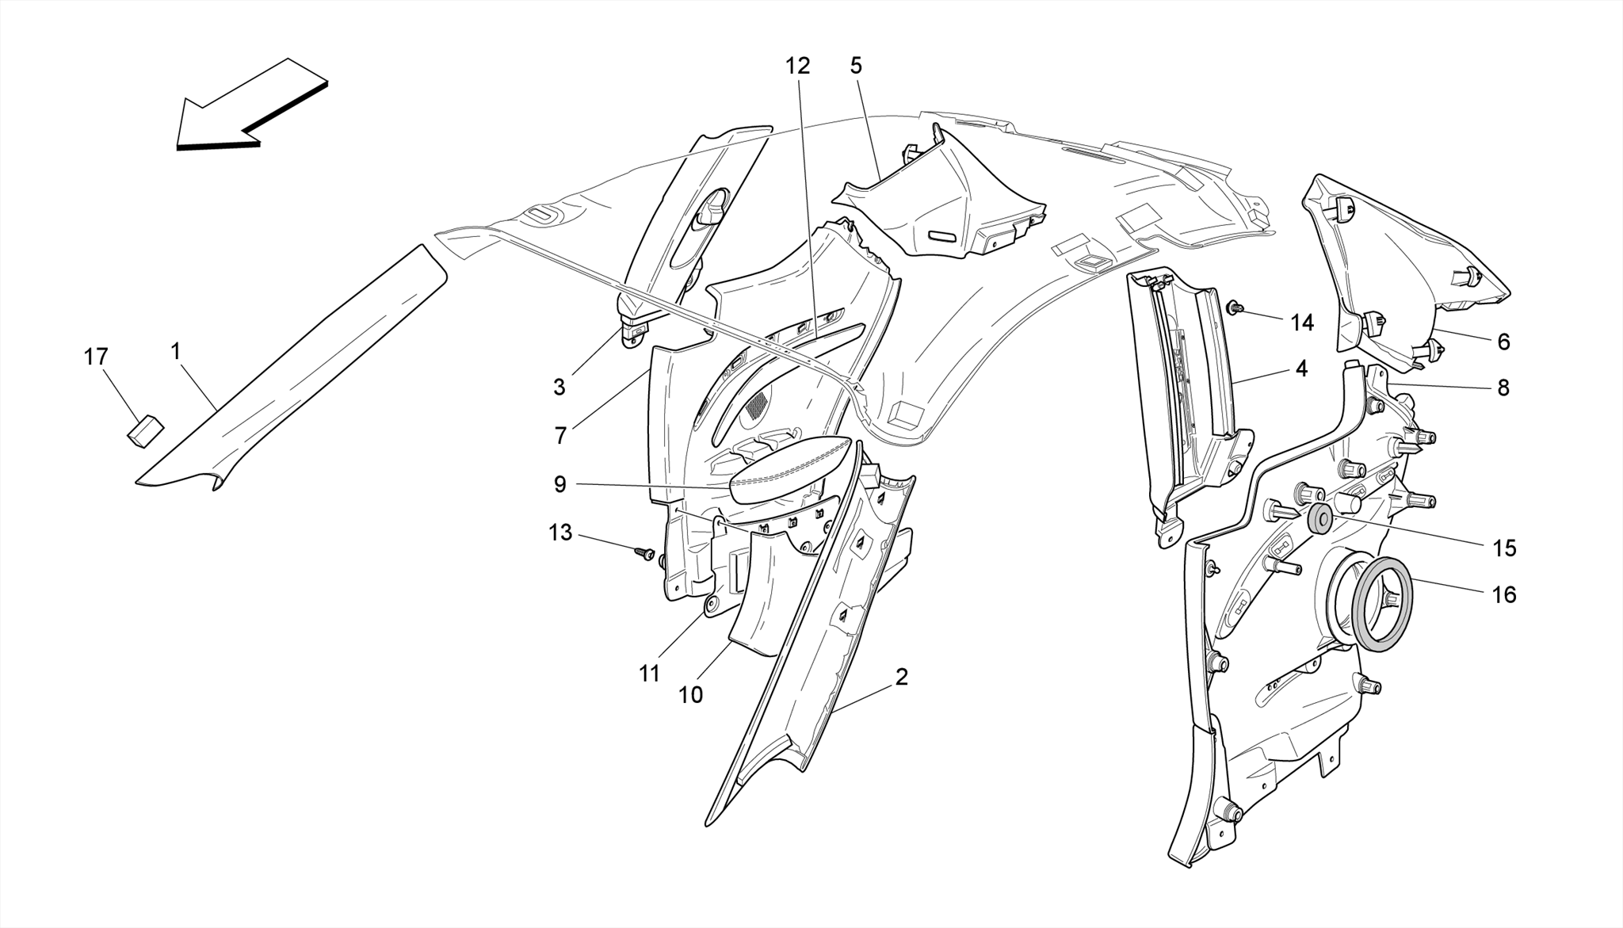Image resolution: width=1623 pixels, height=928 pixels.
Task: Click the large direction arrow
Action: pos(251,105)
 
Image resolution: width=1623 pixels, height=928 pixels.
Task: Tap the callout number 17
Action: pos(96,357)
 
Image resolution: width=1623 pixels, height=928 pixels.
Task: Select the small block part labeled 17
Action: pos(145,430)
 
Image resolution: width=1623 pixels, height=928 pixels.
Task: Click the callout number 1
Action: pos(175,349)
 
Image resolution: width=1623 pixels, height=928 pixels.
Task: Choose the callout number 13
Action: pos(560,533)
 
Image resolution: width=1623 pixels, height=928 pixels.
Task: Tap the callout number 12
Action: pos(798,66)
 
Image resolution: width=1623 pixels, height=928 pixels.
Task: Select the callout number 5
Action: pos(856,66)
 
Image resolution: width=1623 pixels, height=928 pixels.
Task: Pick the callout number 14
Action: pos(1302,323)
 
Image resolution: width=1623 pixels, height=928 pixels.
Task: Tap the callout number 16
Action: pos(1504,594)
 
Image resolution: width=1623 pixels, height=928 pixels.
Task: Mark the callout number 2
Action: pos(901,678)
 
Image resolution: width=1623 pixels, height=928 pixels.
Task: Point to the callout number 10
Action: pos(690,695)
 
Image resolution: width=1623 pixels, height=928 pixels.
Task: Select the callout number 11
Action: pos(649,674)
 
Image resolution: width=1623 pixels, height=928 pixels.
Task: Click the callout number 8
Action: pos(1503,388)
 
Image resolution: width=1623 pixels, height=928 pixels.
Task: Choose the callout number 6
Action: pos(1503,342)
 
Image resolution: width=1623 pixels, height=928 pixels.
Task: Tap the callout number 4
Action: pos(1301,369)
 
